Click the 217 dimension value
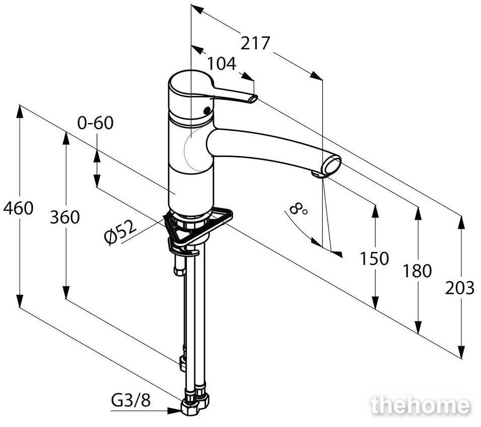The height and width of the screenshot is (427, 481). pyautogui.click(x=255, y=43)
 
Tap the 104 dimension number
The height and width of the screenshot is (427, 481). pyautogui.click(x=222, y=64)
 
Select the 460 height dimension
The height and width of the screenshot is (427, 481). pyautogui.click(x=18, y=208)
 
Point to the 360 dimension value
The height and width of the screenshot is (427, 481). pyautogui.click(x=65, y=217)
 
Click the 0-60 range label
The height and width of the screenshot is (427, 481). pyautogui.click(x=95, y=123)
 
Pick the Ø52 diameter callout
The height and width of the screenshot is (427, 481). pyautogui.click(x=120, y=232)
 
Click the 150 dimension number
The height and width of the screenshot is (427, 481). pyautogui.click(x=374, y=258)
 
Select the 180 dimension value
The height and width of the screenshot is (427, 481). pyautogui.click(x=417, y=271)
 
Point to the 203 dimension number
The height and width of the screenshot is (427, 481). pyautogui.click(x=459, y=288)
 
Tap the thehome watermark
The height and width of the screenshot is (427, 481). pyautogui.click(x=420, y=405)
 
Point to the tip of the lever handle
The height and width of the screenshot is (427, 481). pyautogui.click(x=253, y=99)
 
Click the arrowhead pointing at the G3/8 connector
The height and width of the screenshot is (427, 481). pyautogui.click(x=174, y=410)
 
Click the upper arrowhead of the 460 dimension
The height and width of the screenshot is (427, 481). pyautogui.click(x=20, y=111)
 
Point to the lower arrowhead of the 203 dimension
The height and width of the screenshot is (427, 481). pyautogui.click(x=460, y=352)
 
